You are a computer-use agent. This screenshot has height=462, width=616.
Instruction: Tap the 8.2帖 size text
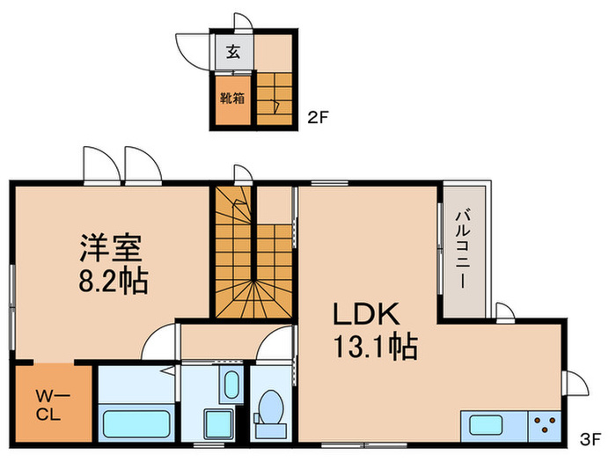110,282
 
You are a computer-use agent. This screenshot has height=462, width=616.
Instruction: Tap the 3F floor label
590,437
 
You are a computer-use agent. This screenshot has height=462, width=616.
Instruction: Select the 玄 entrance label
233,51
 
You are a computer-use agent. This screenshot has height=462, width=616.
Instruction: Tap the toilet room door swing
276,345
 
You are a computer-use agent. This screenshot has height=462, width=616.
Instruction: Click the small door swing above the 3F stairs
243,173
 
